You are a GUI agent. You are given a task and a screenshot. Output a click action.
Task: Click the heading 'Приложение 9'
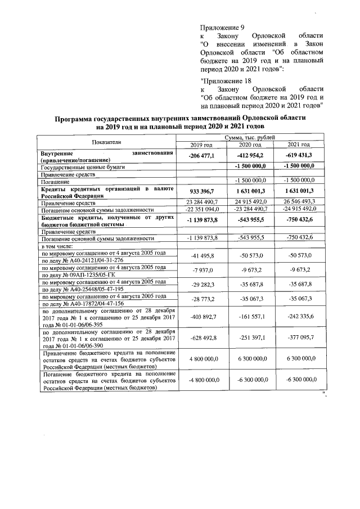click(222, 28)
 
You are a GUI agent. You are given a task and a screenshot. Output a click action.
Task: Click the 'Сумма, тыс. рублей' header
click(250, 138)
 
